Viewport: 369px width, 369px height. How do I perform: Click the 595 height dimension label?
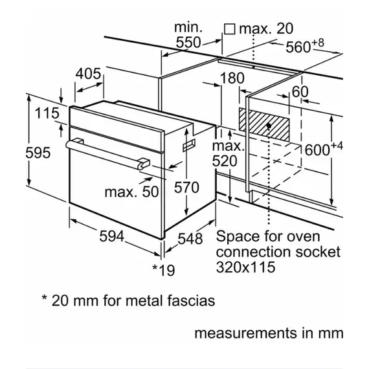pos(38,153)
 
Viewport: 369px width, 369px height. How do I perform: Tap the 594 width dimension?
pos(111,236)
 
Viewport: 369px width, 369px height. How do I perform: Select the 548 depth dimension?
pos(190,239)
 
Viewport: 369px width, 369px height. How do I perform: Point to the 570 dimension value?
pos(186,188)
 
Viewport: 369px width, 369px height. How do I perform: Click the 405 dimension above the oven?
pos(88,74)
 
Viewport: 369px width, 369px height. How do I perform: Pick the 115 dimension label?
pos(47,113)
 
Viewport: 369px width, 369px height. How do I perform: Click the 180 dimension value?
pos(232,78)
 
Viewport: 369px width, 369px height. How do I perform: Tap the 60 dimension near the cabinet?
pos(300,91)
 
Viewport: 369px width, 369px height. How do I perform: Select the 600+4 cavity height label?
pos(324,149)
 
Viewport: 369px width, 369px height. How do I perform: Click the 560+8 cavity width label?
pos(305,46)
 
